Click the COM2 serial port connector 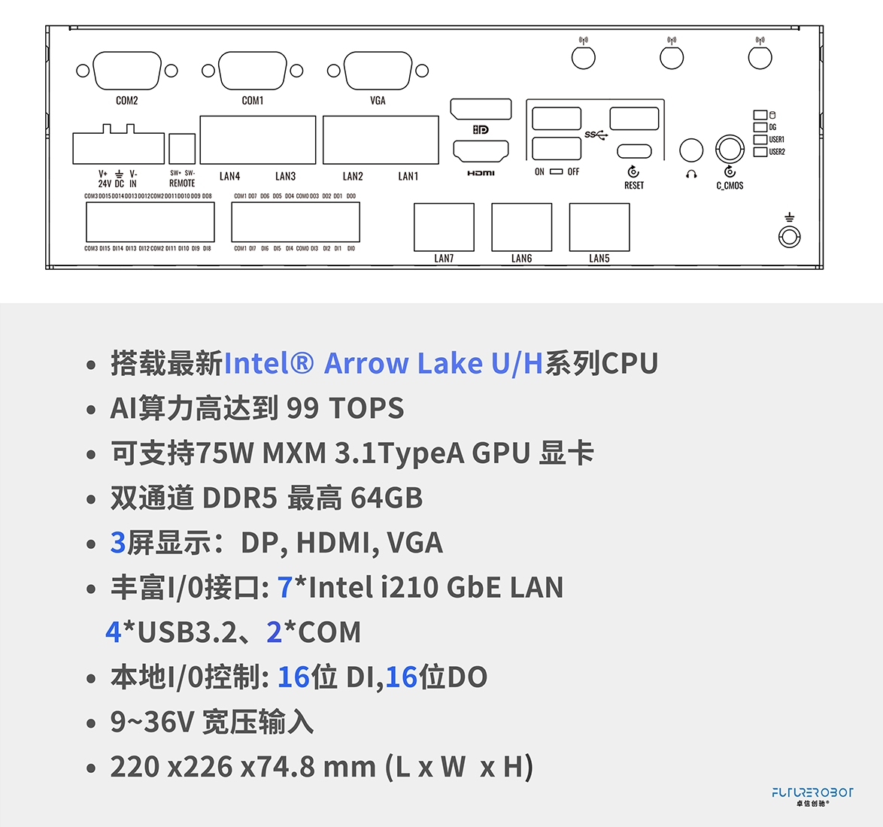[x=127, y=71]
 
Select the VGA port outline [x=378, y=71]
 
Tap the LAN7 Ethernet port [x=444, y=227]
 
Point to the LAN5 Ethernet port [x=599, y=227]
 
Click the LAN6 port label [x=521, y=259]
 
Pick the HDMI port [x=481, y=151]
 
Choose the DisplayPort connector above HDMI [x=481, y=110]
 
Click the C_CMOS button [x=729, y=149]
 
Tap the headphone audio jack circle [x=691, y=150]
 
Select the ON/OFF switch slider [x=556, y=171]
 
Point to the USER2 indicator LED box [x=760, y=152]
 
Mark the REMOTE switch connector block [x=182, y=148]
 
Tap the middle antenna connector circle [x=672, y=57]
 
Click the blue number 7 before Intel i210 [x=285, y=588]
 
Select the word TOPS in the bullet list [x=366, y=408]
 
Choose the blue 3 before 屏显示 [x=117, y=543]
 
